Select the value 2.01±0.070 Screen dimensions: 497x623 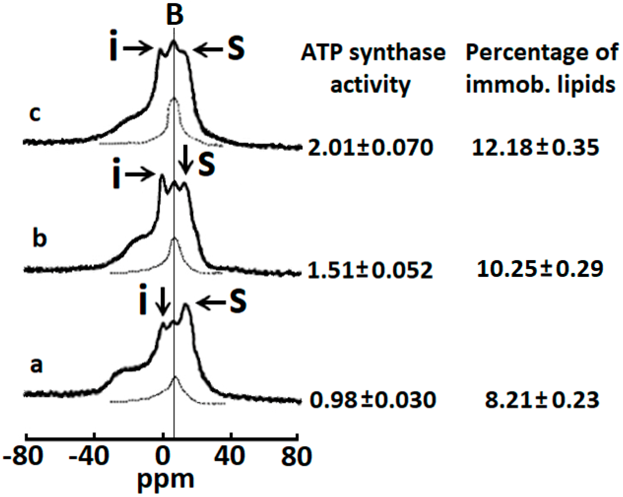(371, 147)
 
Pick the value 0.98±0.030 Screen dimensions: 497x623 (372, 400)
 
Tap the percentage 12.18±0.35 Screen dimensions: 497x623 (535, 147)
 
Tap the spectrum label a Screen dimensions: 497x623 (36, 365)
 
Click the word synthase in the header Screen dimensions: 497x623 (397, 53)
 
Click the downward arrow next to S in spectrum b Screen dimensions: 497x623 (185, 168)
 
